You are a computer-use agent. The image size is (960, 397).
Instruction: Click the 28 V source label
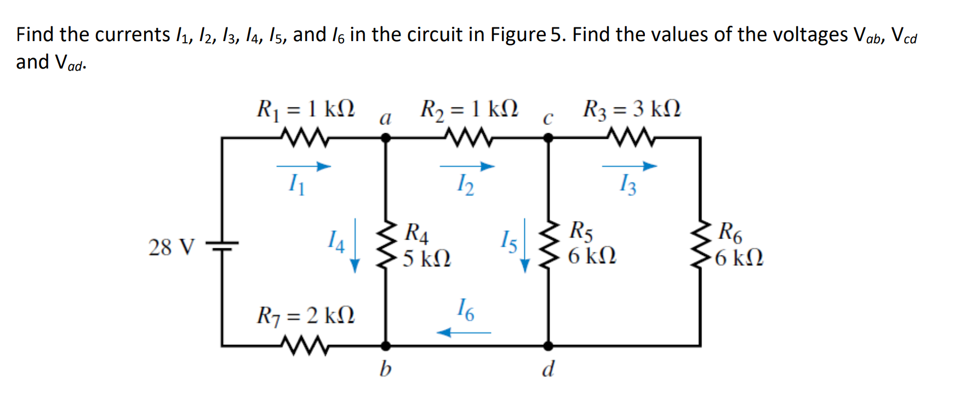[172, 247]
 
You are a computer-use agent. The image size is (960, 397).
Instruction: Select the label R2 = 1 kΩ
[468, 109]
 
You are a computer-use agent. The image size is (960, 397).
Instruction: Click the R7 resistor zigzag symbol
[304, 346]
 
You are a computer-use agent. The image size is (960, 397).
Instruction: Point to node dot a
[386, 138]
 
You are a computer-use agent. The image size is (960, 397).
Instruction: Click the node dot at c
[548, 138]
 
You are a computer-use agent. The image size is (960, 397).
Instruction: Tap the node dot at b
[386, 346]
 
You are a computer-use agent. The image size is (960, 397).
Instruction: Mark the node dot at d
[548, 346]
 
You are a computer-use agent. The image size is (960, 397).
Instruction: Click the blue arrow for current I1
[304, 166]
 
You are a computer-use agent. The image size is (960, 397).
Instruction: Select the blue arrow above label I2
[467, 166]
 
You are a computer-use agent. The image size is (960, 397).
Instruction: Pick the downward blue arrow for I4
[355, 245]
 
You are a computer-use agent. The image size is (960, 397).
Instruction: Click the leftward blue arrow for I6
[464, 332]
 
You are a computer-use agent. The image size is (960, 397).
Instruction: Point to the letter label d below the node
[548, 368]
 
